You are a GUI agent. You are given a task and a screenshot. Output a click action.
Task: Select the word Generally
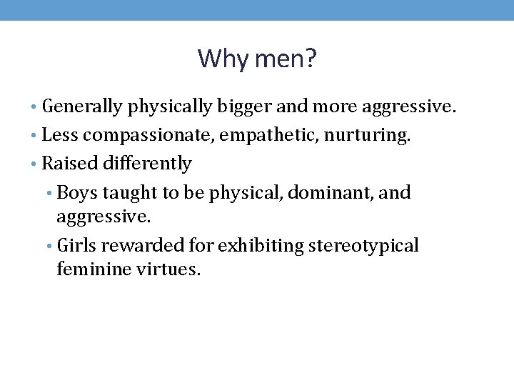click(x=82, y=107)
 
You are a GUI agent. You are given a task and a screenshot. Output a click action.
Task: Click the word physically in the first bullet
click(x=170, y=107)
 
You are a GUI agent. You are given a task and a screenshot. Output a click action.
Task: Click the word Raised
click(x=66, y=164)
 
